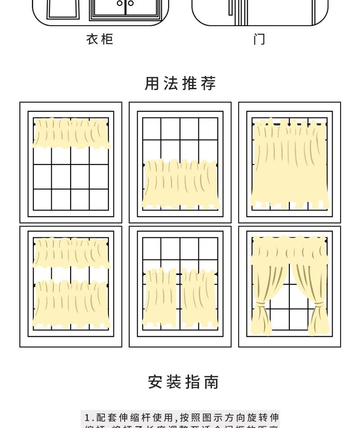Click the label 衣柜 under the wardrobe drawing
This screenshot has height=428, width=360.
[x=99, y=40]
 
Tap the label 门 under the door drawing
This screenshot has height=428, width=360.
[x=259, y=40]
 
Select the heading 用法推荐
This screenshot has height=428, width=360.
[x=180, y=83]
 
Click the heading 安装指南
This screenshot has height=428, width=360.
[x=184, y=382]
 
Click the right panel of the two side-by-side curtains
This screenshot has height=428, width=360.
[x=199, y=297]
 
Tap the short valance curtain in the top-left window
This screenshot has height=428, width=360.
[x=71, y=133]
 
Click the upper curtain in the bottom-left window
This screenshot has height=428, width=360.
[x=71, y=252]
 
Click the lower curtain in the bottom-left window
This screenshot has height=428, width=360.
[x=71, y=303]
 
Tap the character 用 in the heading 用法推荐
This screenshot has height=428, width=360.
[x=152, y=83]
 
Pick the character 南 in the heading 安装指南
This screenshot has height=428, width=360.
[x=211, y=382]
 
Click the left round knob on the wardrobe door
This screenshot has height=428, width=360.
[x=120, y=3]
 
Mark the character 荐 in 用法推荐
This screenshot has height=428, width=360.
[x=208, y=83]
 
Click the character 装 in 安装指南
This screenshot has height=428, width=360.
[x=174, y=382]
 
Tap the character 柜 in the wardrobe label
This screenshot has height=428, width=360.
[x=107, y=40]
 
